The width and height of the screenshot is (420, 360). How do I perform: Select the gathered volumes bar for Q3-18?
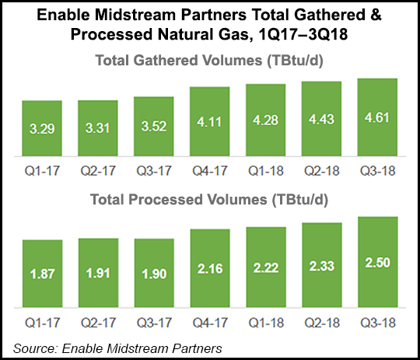(377, 117)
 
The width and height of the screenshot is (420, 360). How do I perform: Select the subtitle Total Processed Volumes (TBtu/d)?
(210, 199)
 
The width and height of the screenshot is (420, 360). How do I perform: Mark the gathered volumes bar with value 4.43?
(321, 118)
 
